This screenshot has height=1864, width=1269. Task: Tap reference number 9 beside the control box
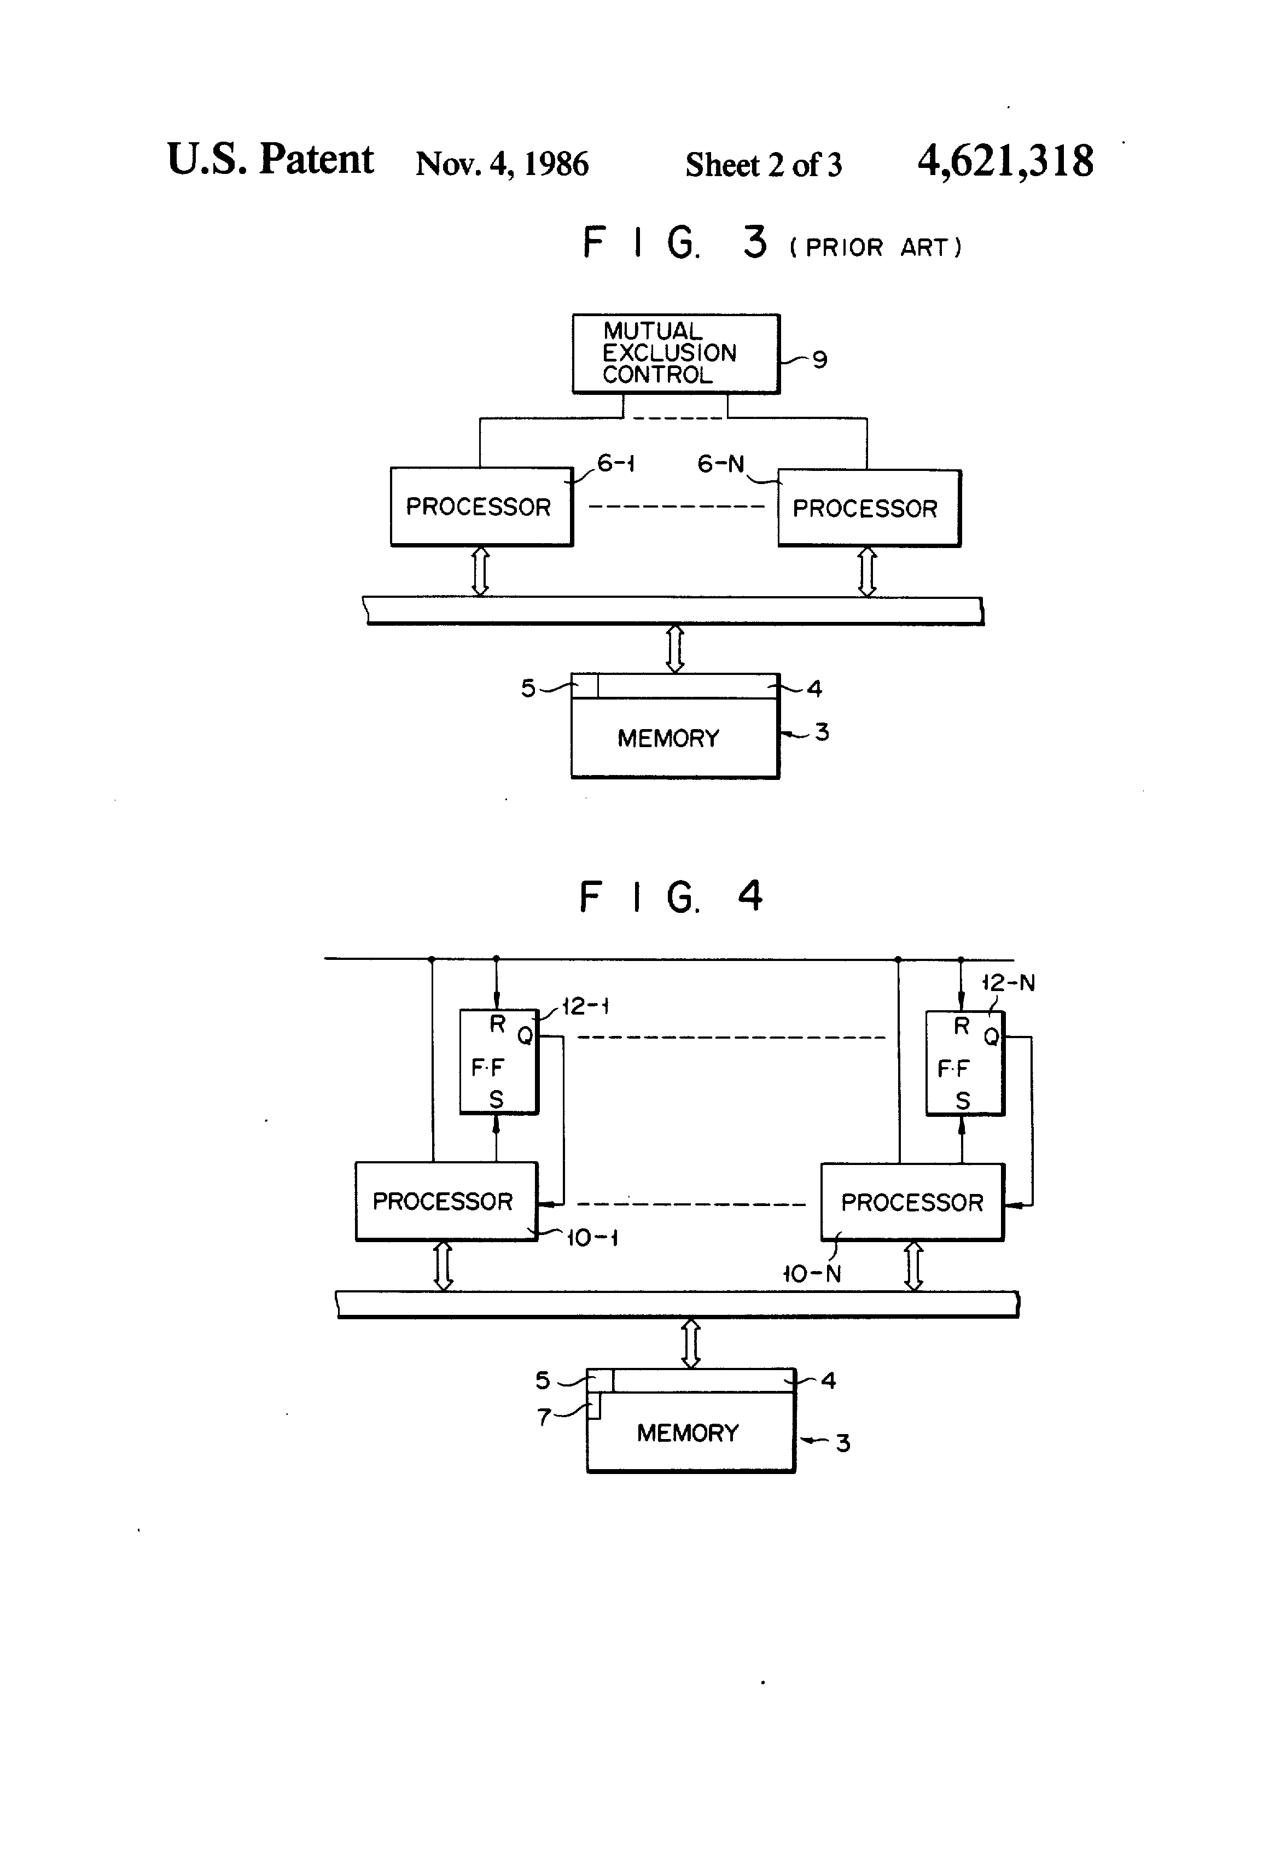coord(819,359)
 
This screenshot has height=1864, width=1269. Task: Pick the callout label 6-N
coord(720,464)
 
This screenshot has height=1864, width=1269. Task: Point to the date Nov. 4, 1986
coord(502,164)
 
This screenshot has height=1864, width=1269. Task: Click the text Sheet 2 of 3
coord(764,165)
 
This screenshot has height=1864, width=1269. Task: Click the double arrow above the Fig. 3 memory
coord(676,648)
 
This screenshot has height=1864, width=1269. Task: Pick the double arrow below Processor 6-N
coord(867,572)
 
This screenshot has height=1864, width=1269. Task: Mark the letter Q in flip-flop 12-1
coord(525,1036)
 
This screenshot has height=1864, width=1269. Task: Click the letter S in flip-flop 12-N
coord(963,1100)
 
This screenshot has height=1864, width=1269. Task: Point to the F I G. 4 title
coord(671,896)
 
